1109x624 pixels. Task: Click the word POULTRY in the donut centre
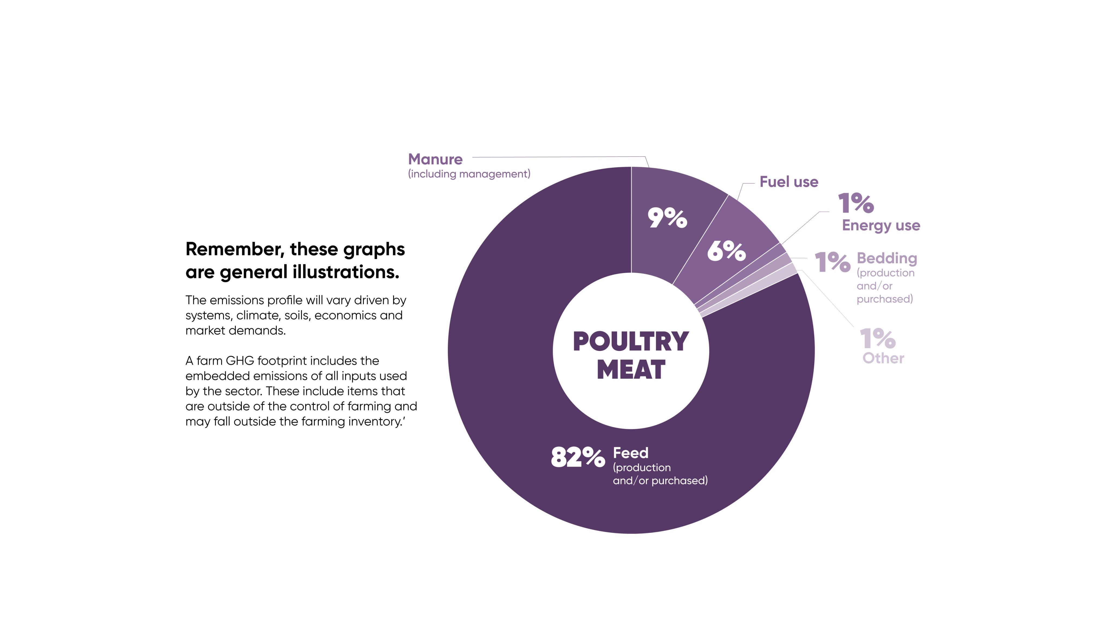pyautogui.click(x=631, y=342)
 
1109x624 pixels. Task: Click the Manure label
pyautogui.click(x=435, y=159)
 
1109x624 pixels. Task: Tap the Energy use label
pyautogui.click(x=881, y=225)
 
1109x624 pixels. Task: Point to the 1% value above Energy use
pyautogui.click(x=856, y=203)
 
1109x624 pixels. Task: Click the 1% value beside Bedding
pyautogui.click(x=833, y=262)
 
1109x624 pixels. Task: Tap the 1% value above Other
pyautogui.click(x=878, y=339)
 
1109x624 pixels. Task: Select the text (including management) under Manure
pyautogui.click(x=469, y=174)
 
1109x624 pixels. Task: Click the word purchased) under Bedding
pyautogui.click(x=884, y=299)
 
